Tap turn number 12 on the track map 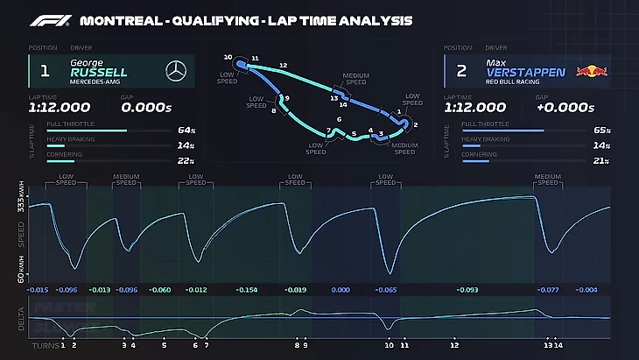(x=283, y=65)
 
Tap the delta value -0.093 (x=468, y=289)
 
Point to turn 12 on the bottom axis (x=454, y=345)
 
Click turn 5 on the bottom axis (x=164, y=345)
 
